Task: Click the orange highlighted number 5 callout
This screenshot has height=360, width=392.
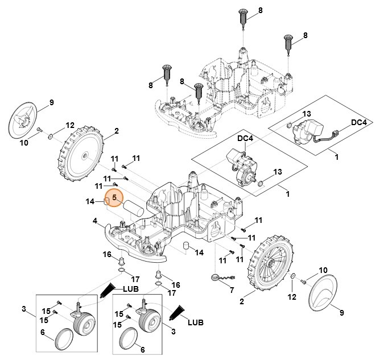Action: (114, 198)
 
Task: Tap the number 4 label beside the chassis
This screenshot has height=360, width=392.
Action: (95, 221)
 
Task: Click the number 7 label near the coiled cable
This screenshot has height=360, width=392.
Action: (232, 290)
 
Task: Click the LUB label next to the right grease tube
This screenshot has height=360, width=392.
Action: (196, 322)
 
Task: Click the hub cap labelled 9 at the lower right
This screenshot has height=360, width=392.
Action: (323, 293)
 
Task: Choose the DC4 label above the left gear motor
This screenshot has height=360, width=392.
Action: (245, 138)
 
